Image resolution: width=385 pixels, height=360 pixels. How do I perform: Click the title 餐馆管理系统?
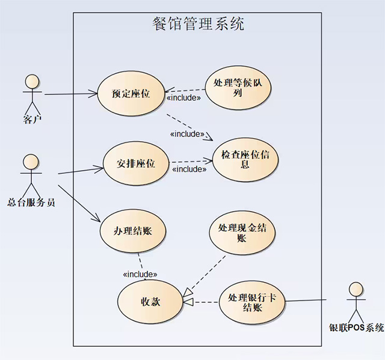[x=199, y=25]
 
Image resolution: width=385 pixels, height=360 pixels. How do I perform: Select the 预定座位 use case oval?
[x=131, y=93]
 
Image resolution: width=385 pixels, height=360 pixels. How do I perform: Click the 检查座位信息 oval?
[x=245, y=159]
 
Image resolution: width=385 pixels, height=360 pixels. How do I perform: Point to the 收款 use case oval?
[x=150, y=301]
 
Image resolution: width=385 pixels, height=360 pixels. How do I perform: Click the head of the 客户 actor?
[x=31, y=82]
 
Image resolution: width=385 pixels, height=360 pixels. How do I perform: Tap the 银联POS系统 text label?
[x=356, y=328]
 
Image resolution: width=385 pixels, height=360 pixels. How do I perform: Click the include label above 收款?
[x=140, y=274]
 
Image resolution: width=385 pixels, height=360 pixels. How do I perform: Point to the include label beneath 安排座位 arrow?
[x=189, y=169]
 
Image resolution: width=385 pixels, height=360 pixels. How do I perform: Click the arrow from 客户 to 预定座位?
[x=70, y=94]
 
